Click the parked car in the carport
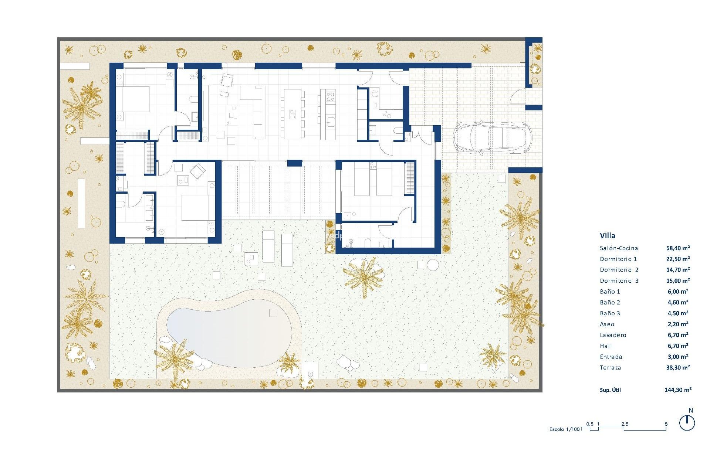click(x=492, y=137)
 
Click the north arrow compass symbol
click(x=687, y=423)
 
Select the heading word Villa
click(x=607, y=235)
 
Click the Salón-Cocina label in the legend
click(x=619, y=248)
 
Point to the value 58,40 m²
click(x=678, y=248)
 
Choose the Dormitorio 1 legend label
click(x=618, y=259)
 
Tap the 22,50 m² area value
click(x=678, y=259)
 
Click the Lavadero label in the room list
click(x=613, y=335)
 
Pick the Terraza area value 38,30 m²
click(x=678, y=368)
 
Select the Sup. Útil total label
click(x=610, y=390)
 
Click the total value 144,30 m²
click(x=678, y=389)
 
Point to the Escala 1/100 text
click(x=564, y=429)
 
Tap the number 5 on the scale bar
click(x=666, y=424)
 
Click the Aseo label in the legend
click(x=607, y=324)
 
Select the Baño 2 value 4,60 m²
click(x=678, y=302)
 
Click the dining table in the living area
click(x=293, y=114)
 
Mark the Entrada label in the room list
click(x=611, y=357)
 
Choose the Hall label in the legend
click(x=606, y=346)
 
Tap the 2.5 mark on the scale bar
click(x=625, y=424)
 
